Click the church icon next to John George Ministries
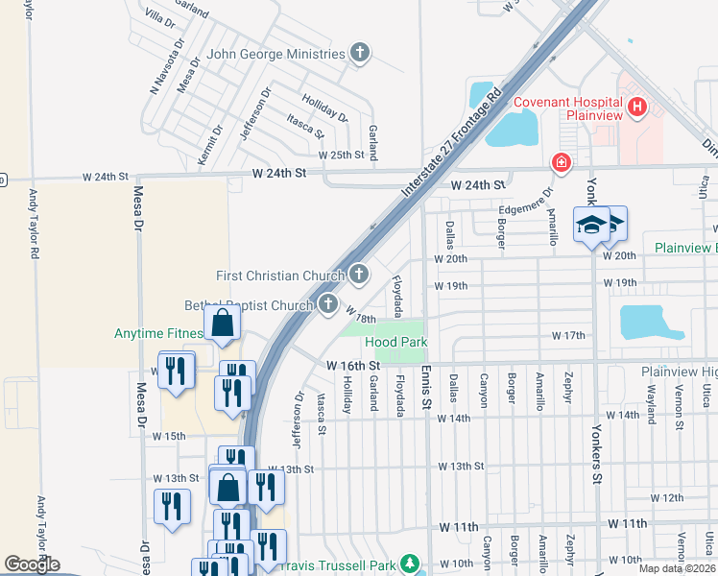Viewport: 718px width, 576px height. pyautogui.click(x=360, y=53)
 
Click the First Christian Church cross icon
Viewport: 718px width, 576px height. pyautogui.click(x=359, y=276)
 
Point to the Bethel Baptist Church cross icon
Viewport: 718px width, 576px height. pyautogui.click(x=328, y=305)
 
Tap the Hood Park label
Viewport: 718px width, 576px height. pyautogui.click(x=395, y=342)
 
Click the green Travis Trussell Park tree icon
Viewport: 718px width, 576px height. pyautogui.click(x=411, y=562)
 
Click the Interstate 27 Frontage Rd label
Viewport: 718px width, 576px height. pyautogui.click(x=452, y=143)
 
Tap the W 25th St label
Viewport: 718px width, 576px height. pyautogui.click(x=343, y=155)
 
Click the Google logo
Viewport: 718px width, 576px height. pyautogui.click(x=33, y=564)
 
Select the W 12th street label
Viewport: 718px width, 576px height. pyautogui.click(x=666, y=497)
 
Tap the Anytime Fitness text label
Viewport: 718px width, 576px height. pyautogui.click(x=157, y=334)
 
